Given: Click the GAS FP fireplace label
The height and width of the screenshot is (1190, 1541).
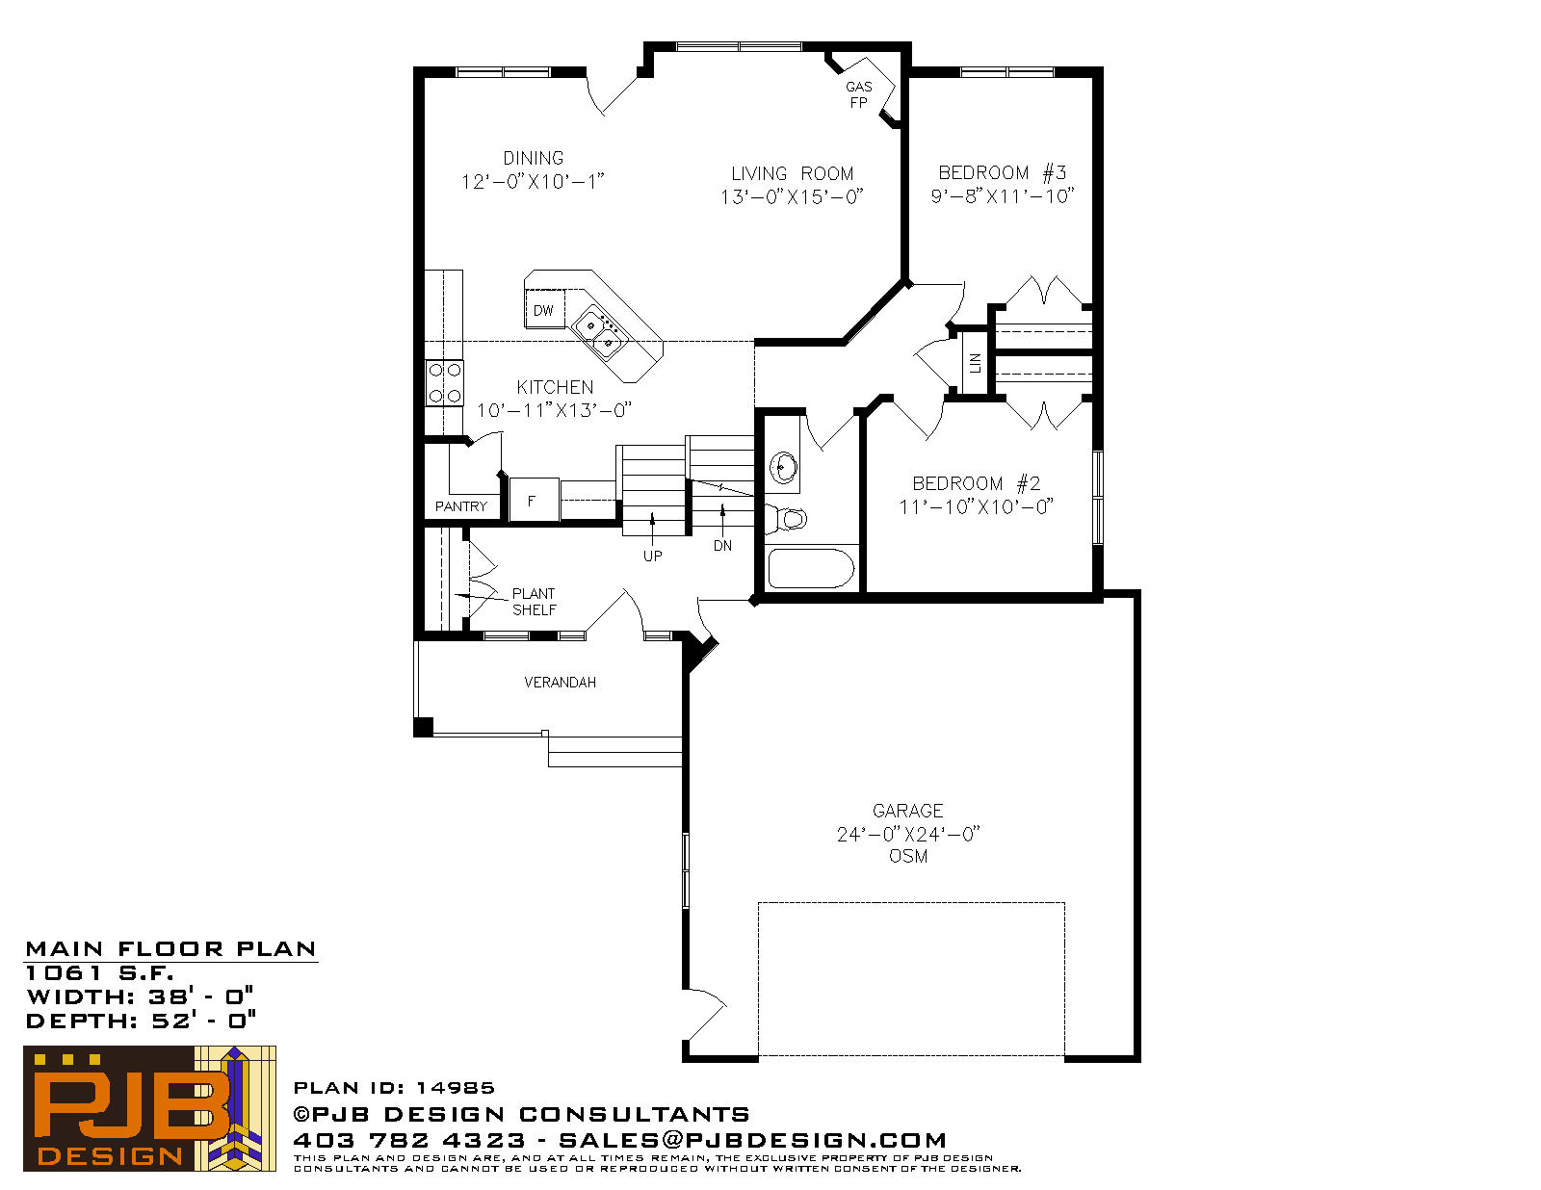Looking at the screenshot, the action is tap(858, 95).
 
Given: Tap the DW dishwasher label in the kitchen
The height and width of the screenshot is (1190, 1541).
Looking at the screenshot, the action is tap(543, 310).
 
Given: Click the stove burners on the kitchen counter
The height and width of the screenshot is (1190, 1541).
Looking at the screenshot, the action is tap(445, 383).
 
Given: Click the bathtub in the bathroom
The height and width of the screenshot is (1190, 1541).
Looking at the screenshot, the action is tap(811, 568).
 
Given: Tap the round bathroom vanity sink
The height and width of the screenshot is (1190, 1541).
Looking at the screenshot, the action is tap(784, 468).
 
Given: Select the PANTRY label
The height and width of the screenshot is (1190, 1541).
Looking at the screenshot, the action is tap(461, 506).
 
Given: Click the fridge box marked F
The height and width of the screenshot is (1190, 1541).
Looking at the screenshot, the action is tap(534, 501).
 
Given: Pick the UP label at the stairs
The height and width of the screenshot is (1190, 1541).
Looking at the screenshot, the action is tap(652, 556).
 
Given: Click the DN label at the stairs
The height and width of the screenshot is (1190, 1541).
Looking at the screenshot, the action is tap(722, 546).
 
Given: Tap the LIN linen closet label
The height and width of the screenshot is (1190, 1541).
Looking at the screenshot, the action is tap(975, 363).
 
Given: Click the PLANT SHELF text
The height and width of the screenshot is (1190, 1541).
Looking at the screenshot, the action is tap(534, 602).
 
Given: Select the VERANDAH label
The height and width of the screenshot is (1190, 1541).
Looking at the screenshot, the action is tap(560, 683).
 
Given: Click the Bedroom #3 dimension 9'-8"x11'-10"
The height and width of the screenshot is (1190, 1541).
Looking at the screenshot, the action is tap(1002, 196).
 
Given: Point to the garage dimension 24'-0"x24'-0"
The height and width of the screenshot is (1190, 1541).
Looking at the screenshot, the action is tap(907, 834).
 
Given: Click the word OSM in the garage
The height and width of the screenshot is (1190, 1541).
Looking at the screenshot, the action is tap(907, 856).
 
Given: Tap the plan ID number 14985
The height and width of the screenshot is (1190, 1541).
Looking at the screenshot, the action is tap(456, 1087).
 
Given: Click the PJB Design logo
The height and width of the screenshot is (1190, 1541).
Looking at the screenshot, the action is tap(149, 1108).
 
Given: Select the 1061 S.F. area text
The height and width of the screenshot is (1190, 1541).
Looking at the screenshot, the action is tap(99, 973).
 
